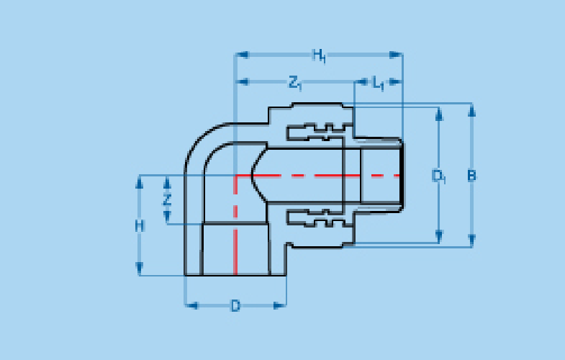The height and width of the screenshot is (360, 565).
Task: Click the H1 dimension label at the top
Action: pyautogui.click(x=320, y=56)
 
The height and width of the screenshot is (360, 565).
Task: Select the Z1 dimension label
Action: pyautogui.click(x=295, y=83)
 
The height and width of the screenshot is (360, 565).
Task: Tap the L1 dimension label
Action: pyautogui.click(x=378, y=84)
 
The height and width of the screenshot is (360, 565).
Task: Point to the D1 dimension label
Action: pyautogui.click(x=439, y=176)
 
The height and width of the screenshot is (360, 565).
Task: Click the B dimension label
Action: pyautogui.click(x=471, y=176)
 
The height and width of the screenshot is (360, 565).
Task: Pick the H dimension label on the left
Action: pyautogui.click(x=140, y=226)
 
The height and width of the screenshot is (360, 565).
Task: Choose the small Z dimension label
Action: pyautogui.click(x=166, y=199)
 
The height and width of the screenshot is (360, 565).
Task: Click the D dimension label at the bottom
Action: pyautogui.click(x=235, y=306)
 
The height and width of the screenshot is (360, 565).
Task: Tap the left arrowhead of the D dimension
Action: pyautogui.click(x=191, y=306)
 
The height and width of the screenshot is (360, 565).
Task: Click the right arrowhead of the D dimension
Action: pyautogui.click(x=279, y=306)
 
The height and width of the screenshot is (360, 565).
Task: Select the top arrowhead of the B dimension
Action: pyautogui.click(x=471, y=110)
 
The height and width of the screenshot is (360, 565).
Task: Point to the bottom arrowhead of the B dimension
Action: pyautogui.click(x=471, y=240)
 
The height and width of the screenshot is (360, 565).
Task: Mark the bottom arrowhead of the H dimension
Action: pyautogui.click(x=140, y=269)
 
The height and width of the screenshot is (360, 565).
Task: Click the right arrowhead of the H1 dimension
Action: pyautogui.click(x=396, y=55)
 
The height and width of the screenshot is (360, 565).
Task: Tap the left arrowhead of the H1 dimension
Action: pyautogui.click(x=241, y=55)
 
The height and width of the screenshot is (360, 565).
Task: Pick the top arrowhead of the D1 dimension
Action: pyautogui.click(x=439, y=114)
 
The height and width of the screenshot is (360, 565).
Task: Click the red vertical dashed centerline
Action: pyautogui.click(x=235, y=225)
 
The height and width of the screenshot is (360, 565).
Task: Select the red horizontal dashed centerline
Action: pyautogui.click(x=317, y=176)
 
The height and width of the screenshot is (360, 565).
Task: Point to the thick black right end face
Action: pyautogui.click(x=402, y=176)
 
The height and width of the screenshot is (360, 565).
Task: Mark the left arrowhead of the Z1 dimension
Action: pyautogui.click(x=242, y=82)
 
